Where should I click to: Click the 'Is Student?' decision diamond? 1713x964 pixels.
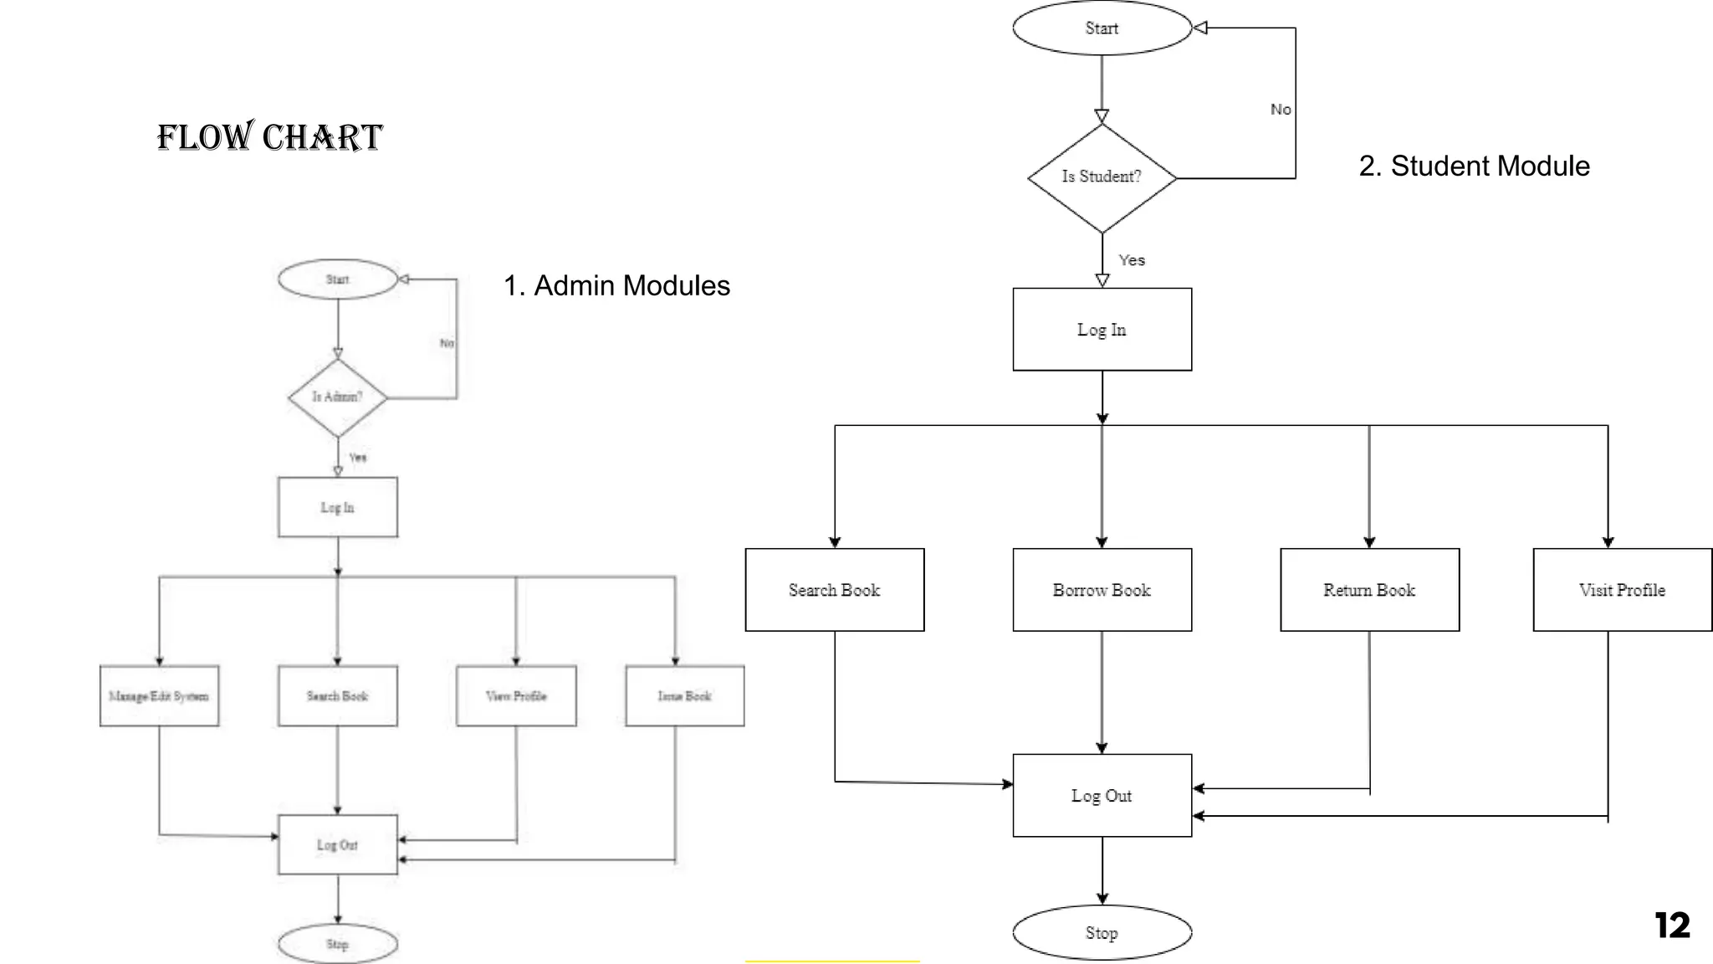(x=1102, y=177)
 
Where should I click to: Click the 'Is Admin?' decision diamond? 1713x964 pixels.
(x=337, y=397)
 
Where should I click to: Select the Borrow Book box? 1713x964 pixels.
(x=1102, y=590)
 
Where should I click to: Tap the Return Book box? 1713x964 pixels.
(x=1369, y=590)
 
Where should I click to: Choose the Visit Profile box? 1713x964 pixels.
(x=1622, y=590)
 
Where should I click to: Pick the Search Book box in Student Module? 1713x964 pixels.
(x=834, y=590)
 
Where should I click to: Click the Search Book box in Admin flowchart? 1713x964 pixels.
(x=337, y=696)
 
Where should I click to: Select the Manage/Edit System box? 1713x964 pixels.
(x=159, y=696)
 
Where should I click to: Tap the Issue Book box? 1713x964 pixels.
(x=684, y=696)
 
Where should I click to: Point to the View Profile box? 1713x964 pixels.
(x=516, y=696)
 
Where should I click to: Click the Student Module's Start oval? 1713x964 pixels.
(x=1102, y=28)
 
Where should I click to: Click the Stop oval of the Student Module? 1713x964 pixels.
(x=1102, y=932)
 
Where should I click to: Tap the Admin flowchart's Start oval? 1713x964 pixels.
(x=337, y=279)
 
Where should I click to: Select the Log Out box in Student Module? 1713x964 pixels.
(x=1102, y=796)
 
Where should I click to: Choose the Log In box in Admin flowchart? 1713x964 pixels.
(x=337, y=507)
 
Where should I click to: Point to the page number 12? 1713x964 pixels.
(x=1672, y=926)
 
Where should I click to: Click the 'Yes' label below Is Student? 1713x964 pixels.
(x=1132, y=260)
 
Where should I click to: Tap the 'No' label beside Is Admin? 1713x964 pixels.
(x=447, y=343)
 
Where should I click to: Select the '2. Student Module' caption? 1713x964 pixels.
(x=1474, y=166)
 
